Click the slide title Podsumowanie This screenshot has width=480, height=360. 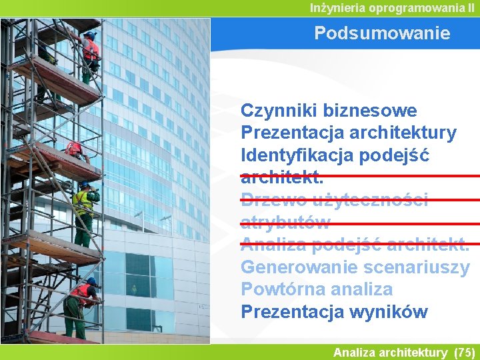[x=382, y=33]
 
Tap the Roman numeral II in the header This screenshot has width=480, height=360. [x=471, y=8]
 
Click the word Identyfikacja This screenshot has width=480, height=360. [x=297, y=155]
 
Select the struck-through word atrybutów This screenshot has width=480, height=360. [x=285, y=223]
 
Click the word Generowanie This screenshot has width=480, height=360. [x=299, y=267]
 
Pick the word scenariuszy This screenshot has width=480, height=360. [x=417, y=267]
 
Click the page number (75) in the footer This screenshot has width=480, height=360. [x=464, y=352]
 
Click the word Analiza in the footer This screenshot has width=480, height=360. [x=354, y=352]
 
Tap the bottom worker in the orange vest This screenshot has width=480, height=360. [x=79, y=307]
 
